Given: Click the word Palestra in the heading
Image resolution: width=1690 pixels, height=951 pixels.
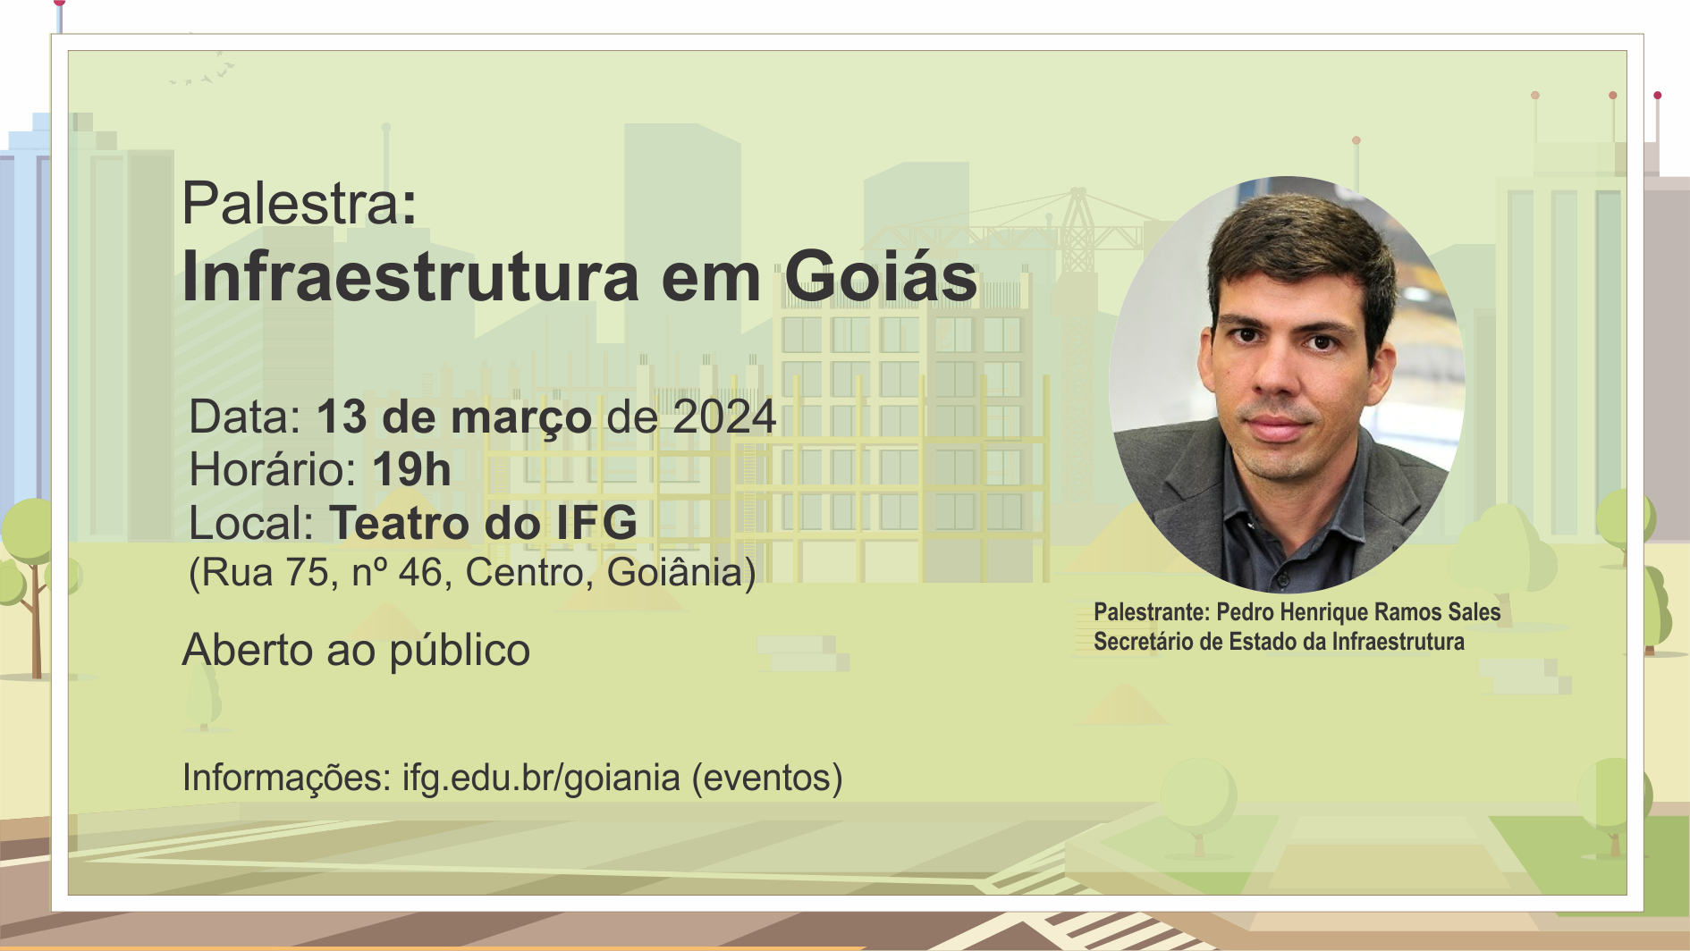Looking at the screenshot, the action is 291,204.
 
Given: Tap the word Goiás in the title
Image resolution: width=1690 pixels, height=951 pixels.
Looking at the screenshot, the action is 881,276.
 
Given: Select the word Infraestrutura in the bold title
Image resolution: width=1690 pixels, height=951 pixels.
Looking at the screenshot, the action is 410,276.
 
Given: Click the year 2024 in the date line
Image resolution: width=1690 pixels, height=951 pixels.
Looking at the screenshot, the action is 724,417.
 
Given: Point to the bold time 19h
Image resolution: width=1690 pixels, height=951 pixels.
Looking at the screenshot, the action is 411,470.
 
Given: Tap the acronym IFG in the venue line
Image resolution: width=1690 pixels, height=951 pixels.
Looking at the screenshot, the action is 597,523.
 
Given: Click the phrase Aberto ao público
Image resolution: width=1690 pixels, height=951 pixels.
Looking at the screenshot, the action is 356,651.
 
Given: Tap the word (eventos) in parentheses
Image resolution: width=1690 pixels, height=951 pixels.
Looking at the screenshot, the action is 767,778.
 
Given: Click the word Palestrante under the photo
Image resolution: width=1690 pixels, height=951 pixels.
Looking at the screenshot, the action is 1151,612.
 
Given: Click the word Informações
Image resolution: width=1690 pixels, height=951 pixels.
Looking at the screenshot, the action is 287,778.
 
